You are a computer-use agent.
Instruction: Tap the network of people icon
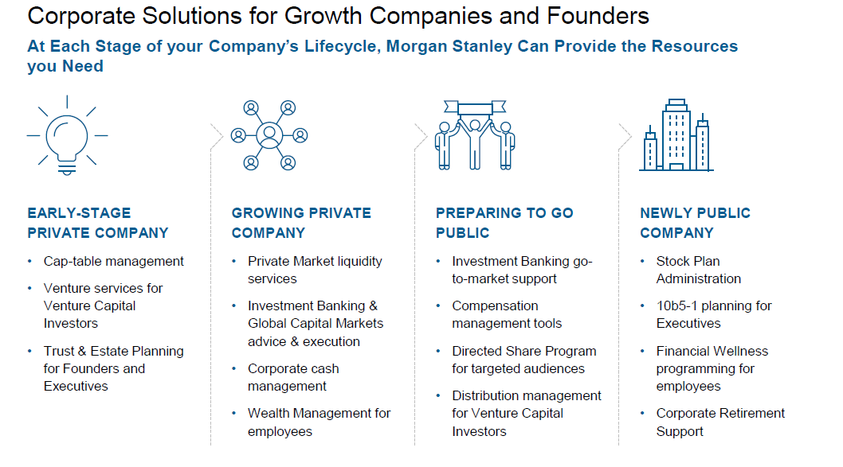coord(269,135)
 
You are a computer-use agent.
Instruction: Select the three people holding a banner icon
coord(475,135)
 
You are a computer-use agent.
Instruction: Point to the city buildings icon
coord(676,135)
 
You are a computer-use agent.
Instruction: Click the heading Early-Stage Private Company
coord(98,223)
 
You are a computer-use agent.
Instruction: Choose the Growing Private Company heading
coord(301,223)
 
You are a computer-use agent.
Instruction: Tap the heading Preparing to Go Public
coord(504,223)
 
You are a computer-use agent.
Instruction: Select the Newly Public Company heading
coord(695,223)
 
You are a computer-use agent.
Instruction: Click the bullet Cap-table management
coord(113,262)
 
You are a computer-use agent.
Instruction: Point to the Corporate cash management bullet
coord(293,377)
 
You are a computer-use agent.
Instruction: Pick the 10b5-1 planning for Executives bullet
coord(714,314)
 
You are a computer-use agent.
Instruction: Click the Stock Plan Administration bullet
coord(698,270)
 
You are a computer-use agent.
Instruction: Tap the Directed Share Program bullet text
coord(524,360)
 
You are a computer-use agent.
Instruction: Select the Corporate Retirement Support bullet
coord(720,422)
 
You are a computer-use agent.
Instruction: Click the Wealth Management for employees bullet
coord(320,422)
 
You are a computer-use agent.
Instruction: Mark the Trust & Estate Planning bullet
coord(113,368)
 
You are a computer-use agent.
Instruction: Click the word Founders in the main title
coord(598,16)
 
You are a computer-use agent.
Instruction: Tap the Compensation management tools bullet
coord(507,314)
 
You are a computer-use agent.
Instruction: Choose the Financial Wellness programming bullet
coord(712,368)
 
